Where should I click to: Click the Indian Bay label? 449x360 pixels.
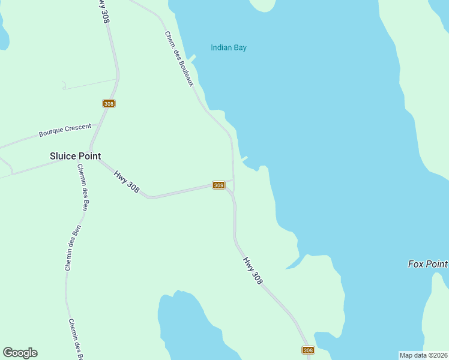[228, 48]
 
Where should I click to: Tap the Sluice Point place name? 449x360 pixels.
[75, 156]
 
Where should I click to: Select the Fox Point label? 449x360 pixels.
[427, 264]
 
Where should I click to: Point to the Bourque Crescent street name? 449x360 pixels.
[65, 130]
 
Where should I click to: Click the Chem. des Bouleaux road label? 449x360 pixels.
[179, 58]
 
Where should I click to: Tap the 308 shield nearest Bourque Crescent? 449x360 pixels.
[109, 103]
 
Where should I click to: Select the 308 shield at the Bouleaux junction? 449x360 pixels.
[218, 185]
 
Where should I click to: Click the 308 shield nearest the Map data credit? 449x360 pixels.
[308, 350]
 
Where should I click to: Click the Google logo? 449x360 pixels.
[20, 353]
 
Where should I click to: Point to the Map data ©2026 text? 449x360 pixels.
[423, 355]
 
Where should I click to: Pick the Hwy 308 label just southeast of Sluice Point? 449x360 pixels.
[127, 181]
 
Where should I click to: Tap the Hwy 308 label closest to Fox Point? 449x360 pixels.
[253, 271]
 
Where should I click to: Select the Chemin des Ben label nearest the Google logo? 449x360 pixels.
[75, 340]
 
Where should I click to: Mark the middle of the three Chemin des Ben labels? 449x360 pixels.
[71, 248]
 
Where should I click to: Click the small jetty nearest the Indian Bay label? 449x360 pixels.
[192, 58]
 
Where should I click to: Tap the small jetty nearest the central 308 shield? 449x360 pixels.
[244, 159]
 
